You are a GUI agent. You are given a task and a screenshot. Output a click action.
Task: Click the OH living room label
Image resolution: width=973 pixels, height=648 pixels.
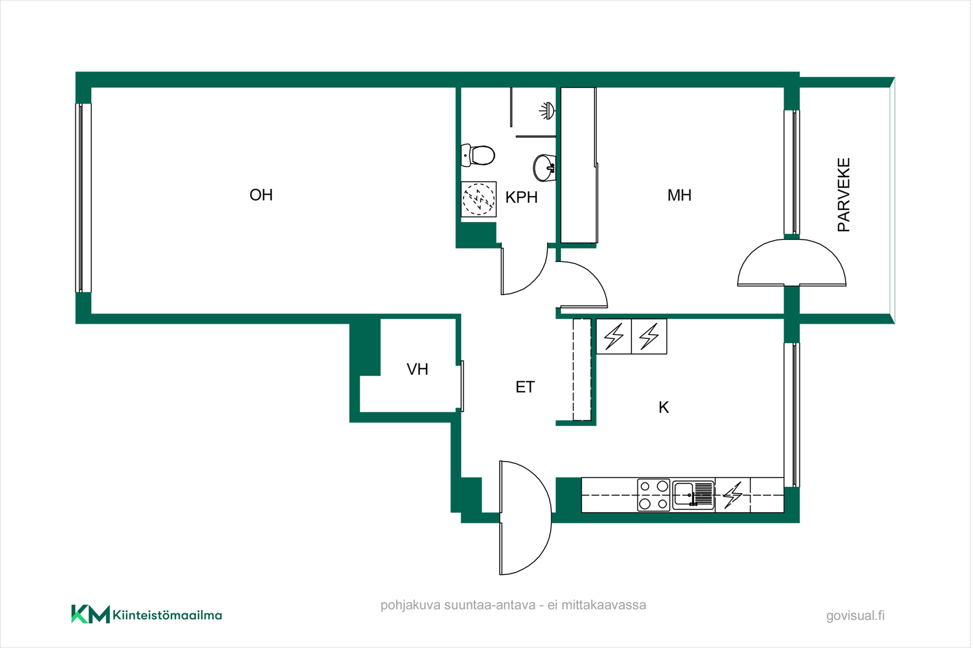pos(261,195)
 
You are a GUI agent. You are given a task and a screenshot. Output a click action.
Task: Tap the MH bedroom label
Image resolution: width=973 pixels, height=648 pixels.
pos(679,195)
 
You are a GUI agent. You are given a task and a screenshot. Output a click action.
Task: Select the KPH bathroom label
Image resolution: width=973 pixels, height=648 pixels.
pos(521,197)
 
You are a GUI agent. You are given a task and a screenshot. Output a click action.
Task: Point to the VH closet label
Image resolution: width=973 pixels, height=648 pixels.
pos(418,369)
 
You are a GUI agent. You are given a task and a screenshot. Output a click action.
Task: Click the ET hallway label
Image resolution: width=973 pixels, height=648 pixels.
pos(525,387)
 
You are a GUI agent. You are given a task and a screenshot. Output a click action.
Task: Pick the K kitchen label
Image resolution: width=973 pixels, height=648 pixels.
pos(664,407)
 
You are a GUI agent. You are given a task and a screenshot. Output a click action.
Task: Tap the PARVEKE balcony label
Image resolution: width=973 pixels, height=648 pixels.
pos(844,195)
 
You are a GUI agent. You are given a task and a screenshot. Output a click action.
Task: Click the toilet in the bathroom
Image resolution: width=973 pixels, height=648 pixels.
pos(478,155)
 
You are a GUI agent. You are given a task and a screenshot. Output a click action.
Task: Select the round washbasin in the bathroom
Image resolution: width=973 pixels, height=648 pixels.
pos(545,168)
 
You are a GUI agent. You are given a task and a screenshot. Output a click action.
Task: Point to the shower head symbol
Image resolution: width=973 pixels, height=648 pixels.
pos(547,111)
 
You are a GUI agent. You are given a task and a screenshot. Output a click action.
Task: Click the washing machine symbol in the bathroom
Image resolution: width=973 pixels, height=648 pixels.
pos(478,199)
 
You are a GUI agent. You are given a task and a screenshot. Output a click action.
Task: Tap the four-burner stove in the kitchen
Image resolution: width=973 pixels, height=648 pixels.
pos(654,495)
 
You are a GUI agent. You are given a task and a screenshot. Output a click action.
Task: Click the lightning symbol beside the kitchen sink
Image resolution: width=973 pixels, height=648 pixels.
pos(733,495)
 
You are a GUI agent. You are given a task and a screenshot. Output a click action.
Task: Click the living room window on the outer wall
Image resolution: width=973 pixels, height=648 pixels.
pos(83,198)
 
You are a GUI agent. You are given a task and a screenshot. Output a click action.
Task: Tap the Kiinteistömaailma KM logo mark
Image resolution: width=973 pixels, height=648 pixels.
pos(91,614)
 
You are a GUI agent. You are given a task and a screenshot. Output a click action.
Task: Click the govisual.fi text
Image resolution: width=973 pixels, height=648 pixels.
pos(855,616)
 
